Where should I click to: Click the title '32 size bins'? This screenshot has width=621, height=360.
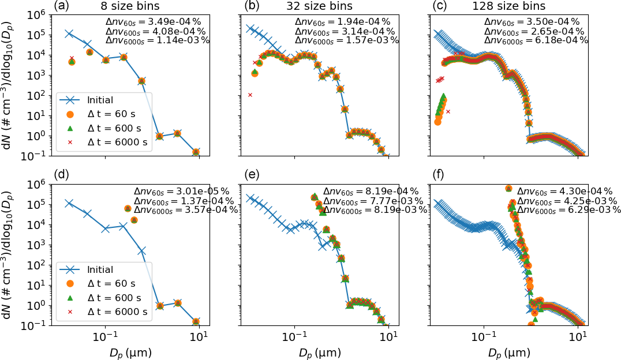pyautogui.click(x=309, y=6)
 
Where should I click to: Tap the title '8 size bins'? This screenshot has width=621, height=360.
pyautogui.click(x=119, y=6)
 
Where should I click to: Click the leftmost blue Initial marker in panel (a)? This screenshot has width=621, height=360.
pyautogui.click(x=69, y=33)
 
